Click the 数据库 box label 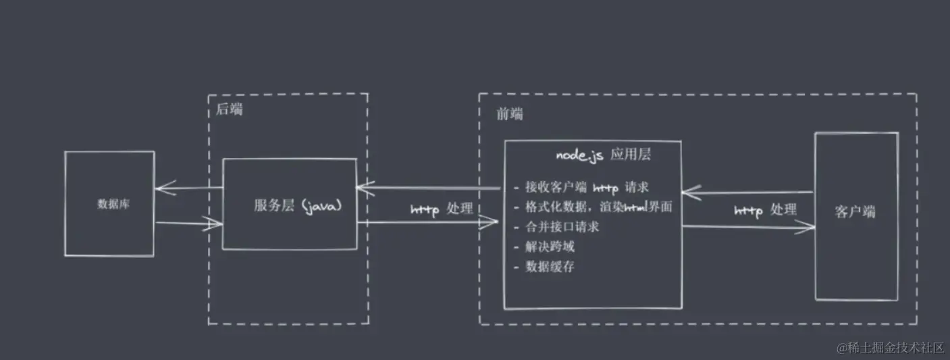click(x=113, y=204)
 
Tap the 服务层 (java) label click(x=298, y=206)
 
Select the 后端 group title click(x=229, y=109)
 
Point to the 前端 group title click(x=510, y=113)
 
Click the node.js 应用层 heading click(x=603, y=155)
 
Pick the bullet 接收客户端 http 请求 click(x=581, y=187)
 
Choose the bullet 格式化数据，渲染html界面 click(x=593, y=207)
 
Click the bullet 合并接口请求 click(x=556, y=227)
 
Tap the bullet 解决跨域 click(x=544, y=247)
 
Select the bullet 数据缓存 click(x=544, y=267)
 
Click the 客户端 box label click(x=855, y=211)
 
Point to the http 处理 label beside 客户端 click(x=765, y=210)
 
